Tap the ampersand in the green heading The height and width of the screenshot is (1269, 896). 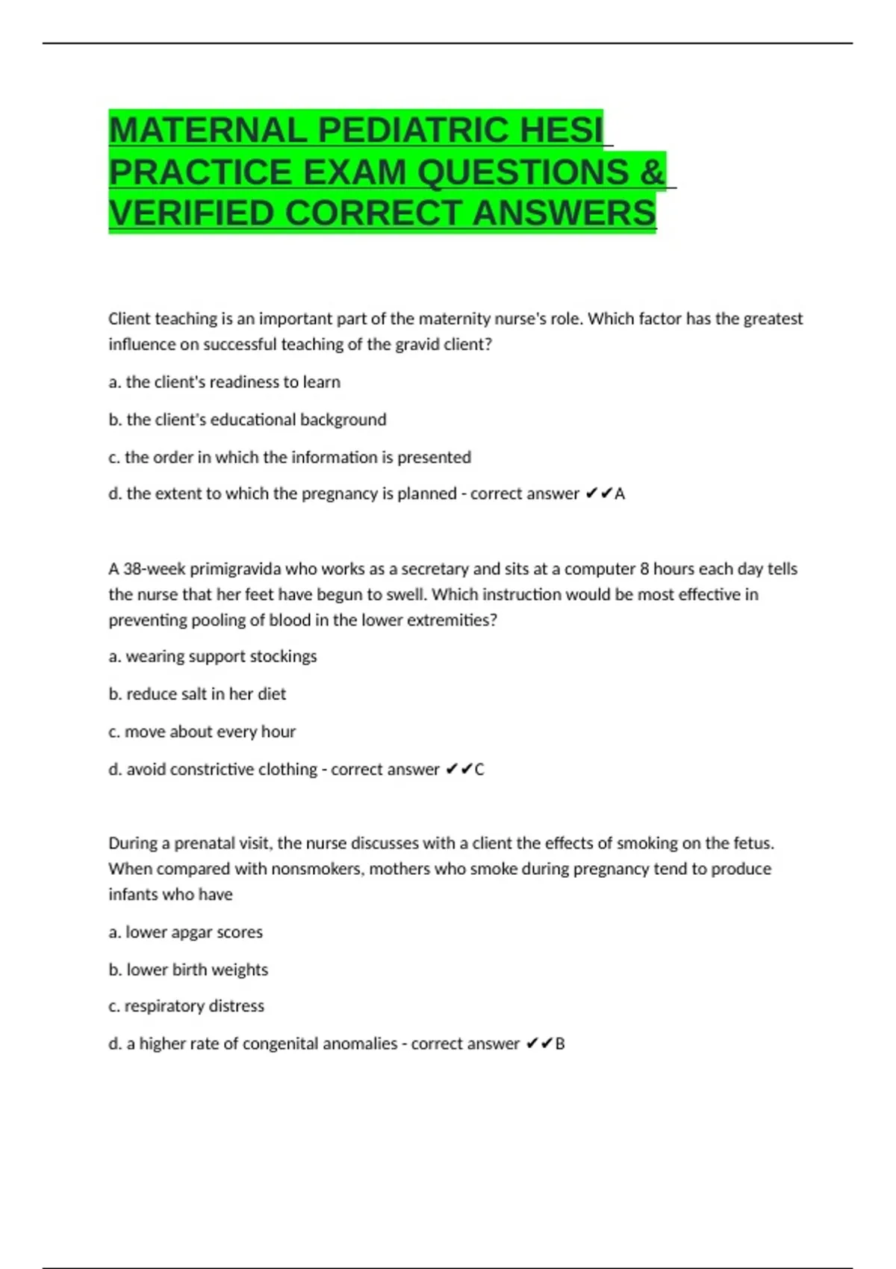(x=651, y=172)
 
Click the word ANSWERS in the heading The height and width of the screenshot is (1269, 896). (x=564, y=213)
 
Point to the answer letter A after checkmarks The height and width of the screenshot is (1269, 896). (x=620, y=494)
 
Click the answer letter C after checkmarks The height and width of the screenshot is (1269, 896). (x=479, y=770)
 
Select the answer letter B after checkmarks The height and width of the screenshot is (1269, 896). (x=560, y=1044)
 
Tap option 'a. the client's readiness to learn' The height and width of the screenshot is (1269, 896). (x=224, y=382)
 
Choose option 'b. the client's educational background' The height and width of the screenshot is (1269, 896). (x=247, y=420)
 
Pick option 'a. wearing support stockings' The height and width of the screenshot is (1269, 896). (x=213, y=657)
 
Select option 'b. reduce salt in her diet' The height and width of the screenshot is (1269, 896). (x=197, y=694)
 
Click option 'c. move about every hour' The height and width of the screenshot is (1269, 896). (x=202, y=732)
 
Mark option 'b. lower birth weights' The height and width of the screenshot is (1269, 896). (x=188, y=970)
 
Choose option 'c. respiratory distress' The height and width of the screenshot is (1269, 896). (x=186, y=1006)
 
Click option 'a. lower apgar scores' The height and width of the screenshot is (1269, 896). (x=185, y=932)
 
